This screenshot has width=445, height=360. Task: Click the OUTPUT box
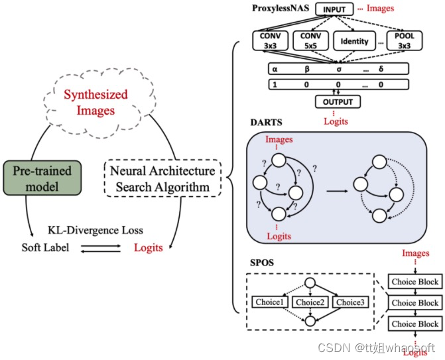(x=338, y=102)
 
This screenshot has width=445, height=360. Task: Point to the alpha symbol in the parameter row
(x=273, y=69)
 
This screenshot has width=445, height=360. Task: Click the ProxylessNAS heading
(x=280, y=9)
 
